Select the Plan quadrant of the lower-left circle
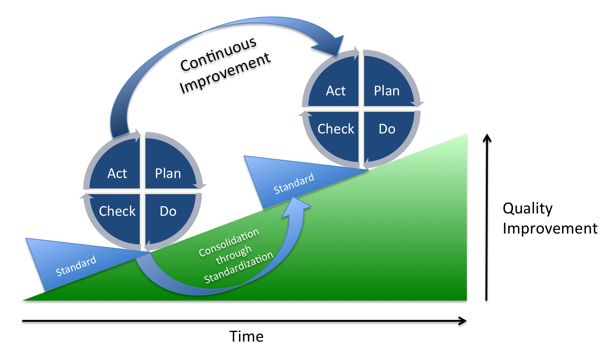pyautogui.click(x=168, y=173)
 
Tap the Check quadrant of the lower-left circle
pyautogui.click(x=117, y=211)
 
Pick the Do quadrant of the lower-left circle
pyautogui.click(x=168, y=211)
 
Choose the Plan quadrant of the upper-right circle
pyautogui.click(x=387, y=90)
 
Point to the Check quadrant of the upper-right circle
pyautogui.click(x=335, y=129)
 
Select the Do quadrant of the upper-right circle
pyautogui.click(x=387, y=129)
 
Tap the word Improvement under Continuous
pyautogui.click(x=225, y=73)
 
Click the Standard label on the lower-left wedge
pyautogui.click(x=76, y=266)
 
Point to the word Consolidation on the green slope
pyautogui.click(x=229, y=243)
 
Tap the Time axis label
pyautogui.click(x=246, y=336)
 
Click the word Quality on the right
pyautogui.click(x=527, y=208)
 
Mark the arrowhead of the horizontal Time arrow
pyautogui.click(x=463, y=321)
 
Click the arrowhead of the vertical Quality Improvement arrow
pyautogui.click(x=487, y=138)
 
